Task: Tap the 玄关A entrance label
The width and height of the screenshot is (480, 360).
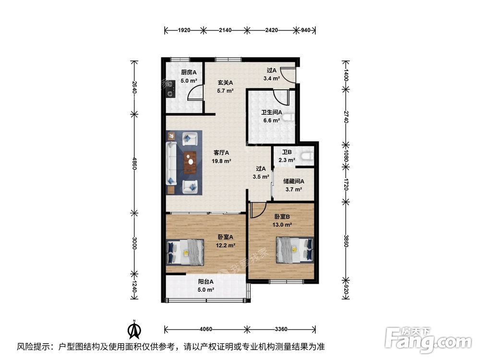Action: click(221, 82)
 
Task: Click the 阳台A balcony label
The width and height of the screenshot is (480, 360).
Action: click(206, 283)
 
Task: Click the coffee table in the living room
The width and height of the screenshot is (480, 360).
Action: click(191, 162)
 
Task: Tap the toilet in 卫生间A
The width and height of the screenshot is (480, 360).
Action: click(288, 117)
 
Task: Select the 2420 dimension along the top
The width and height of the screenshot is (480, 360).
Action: click(271, 30)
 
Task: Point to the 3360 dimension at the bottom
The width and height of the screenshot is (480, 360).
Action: click(281, 329)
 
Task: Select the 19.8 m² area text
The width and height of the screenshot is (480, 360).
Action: click(222, 161)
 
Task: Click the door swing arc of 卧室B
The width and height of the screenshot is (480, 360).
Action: click(258, 209)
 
